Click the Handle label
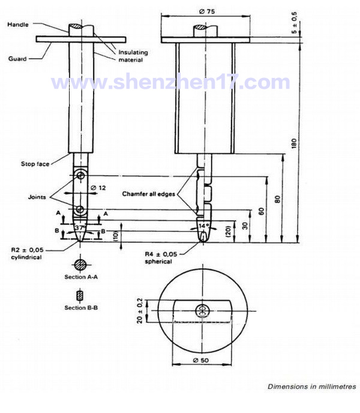[19, 24]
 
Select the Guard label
[17, 59]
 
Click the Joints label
[37, 197]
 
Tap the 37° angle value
[80, 228]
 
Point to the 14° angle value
[205, 226]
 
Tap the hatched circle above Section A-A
[80, 264]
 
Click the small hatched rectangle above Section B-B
[80, 296]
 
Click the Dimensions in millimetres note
[311, 387]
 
